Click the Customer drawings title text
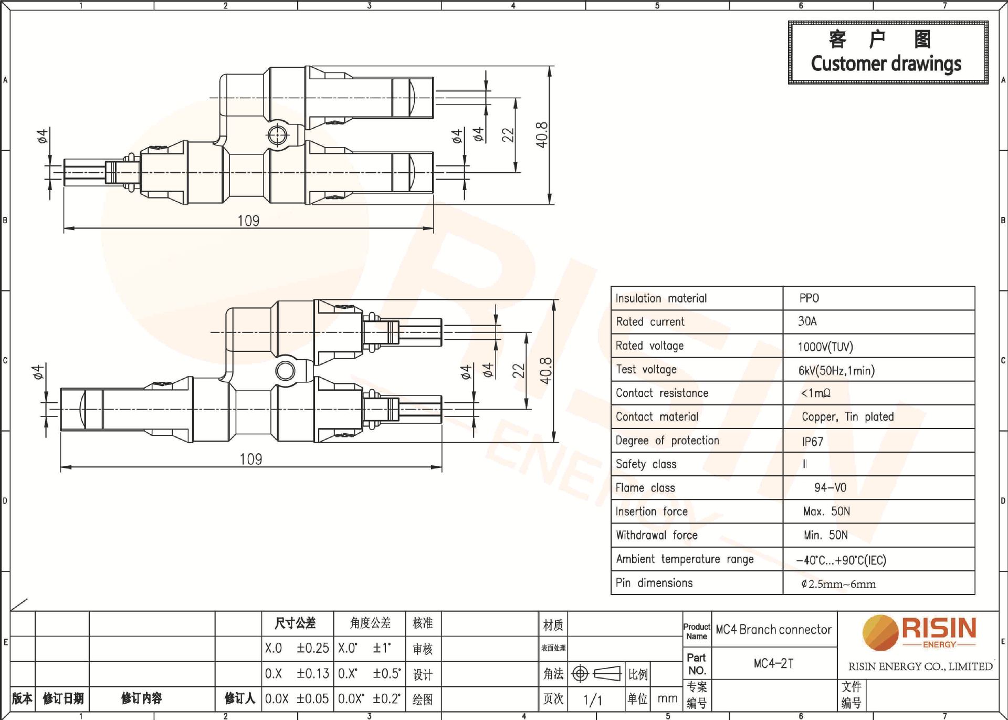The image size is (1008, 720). click(x=886, y=64)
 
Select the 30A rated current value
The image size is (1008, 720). click(x=807, y=321)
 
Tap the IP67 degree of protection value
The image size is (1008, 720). click(x=812, y=441)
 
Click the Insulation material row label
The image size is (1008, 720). click(x=661, y=298)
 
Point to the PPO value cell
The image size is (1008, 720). click(x=809, y=298)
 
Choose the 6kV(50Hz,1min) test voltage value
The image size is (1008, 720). click(x=836, y=370)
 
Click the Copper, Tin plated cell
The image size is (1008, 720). click(x=847, y=416)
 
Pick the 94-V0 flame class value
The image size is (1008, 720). click(x=830, y=488)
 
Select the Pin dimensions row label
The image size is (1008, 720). click(x=654, y=583)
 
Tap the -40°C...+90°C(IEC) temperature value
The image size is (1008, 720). click(x=841, y=560)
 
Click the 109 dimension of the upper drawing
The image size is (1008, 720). click(x=248, y=221)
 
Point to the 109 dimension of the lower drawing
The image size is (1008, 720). click(x=250, y=459)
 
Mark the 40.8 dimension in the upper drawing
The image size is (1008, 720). click(x=542, y=134)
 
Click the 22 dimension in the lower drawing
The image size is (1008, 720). click(x=518, y=371)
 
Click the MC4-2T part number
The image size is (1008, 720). click(x=773, y=663)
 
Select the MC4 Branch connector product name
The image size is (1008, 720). click(x=773, y=629)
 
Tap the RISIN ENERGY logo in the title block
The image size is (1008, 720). click(x=920, y=633)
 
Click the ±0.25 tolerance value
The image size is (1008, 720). click(x=312, y=648)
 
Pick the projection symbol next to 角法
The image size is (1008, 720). click(x=596, y=673)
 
